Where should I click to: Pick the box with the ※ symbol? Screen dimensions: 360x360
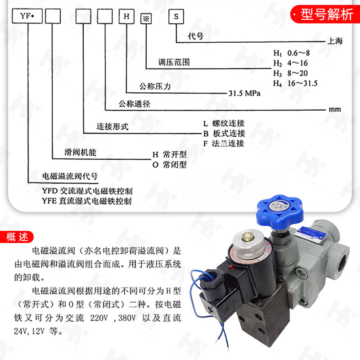(x=146, y=19)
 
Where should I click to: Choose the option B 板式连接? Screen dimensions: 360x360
(x=224, y=133)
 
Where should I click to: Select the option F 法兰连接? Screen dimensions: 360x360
(x=224, y=144)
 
